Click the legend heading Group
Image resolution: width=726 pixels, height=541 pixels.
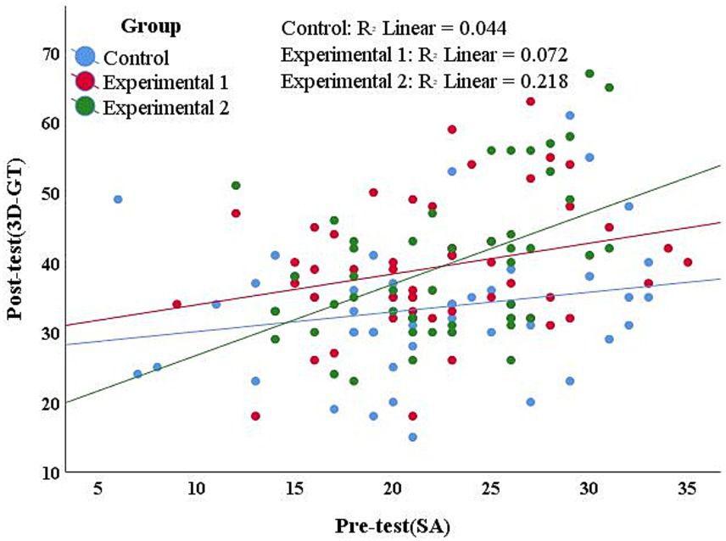pos(151,26)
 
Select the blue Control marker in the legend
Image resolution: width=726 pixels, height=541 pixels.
pos(85,57)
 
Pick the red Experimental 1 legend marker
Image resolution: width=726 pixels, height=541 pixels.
pos(85,81)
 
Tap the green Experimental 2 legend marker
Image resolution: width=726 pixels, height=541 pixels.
pos(85,106)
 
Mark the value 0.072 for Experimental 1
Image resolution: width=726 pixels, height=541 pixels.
pos(539,54)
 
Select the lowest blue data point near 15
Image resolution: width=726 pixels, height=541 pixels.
pos(413,437)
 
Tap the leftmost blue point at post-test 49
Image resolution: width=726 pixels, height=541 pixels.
pos(118,199)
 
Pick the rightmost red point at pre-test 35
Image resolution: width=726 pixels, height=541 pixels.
pos(688,262)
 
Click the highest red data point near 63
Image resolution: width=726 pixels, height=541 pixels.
pos(531,102)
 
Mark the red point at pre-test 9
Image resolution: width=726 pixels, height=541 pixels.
pos(176,304)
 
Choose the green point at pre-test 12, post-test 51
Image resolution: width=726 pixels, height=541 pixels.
pos(236,185)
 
